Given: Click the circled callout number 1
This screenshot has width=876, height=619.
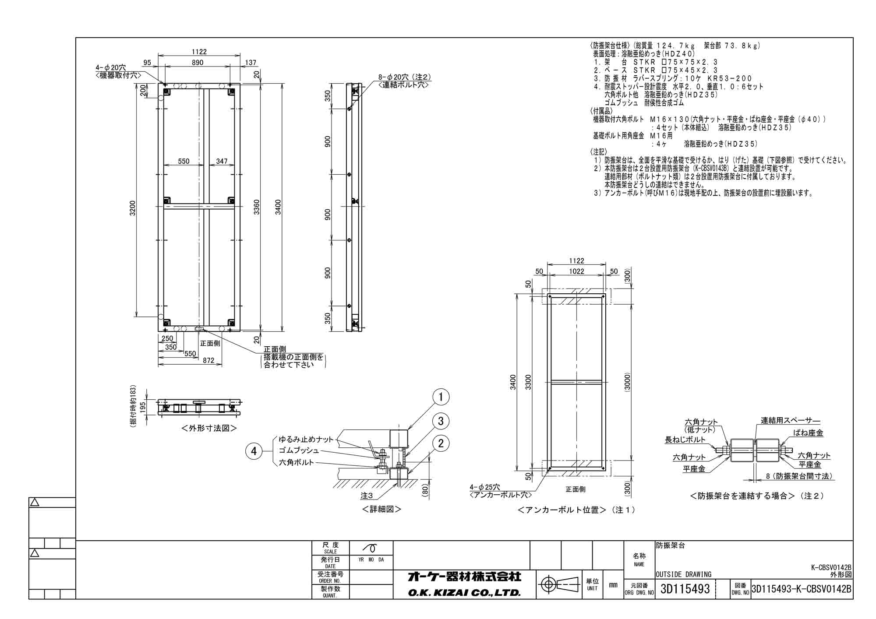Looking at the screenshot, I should click(x=441, y=397).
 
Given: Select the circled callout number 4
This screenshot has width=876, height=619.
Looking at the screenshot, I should click(x=254, y=451).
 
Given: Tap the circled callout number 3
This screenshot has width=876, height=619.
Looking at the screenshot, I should click(x=441, y=421).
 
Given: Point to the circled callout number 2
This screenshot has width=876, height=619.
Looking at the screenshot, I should click(x=441, y=443).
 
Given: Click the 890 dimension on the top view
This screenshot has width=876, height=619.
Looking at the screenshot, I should click(x=198, y=63).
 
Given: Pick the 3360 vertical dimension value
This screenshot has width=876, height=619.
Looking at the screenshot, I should click(x=257, y=208).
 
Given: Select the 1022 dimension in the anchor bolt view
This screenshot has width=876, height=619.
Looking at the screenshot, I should click(x=576, y=271).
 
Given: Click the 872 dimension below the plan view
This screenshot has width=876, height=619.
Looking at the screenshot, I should click(x=208, y=360).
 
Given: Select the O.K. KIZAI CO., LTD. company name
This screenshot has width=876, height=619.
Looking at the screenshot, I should click(x=464, y=593).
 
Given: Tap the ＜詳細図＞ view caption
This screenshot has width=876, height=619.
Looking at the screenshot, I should click(x=381, y=509).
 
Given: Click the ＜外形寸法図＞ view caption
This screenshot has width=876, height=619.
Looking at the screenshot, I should click(x=209, y=428).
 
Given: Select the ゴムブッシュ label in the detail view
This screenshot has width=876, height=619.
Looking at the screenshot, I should click(x=299, y=450).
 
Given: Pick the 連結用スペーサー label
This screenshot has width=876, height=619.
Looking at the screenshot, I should click(x=790, y=421).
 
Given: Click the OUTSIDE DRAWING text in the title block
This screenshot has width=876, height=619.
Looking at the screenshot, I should click(x=683, y=574).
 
